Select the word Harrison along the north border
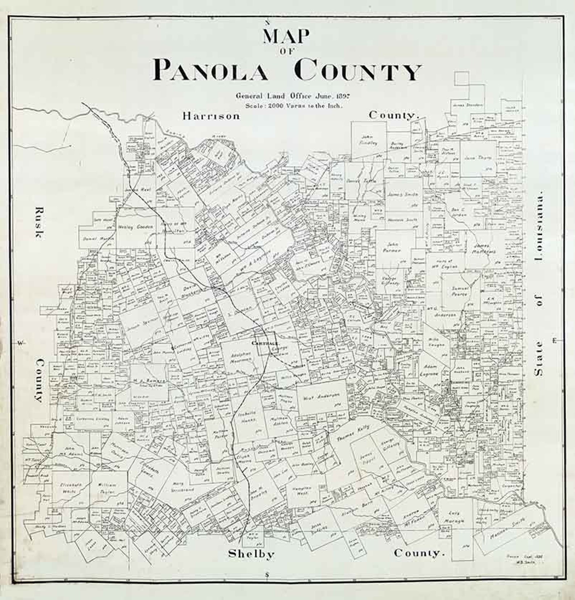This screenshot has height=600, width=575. [x=211, y=116]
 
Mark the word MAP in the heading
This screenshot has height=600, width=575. [x=286, y=37]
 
